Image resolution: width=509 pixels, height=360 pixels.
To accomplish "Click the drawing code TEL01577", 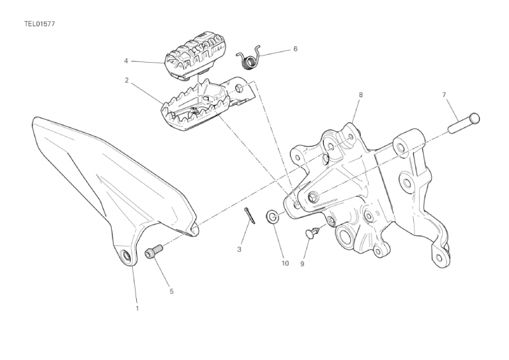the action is coord(38,24).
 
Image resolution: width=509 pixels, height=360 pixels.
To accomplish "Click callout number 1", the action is coord(137,308).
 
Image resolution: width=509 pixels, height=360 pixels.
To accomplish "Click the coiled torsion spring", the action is coord(249,57).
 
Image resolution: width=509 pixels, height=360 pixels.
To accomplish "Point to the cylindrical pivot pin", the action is coord(464,123).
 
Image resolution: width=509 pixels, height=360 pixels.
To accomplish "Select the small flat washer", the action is coord(272,216).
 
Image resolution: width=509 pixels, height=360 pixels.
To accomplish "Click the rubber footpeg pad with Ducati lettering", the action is coord(192,55).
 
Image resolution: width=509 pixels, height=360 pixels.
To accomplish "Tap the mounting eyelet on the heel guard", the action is coord(125,255).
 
